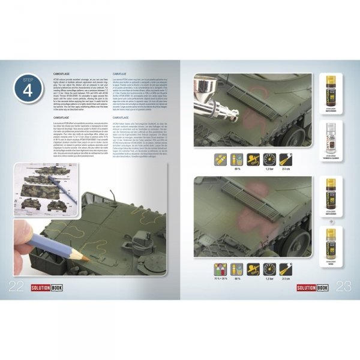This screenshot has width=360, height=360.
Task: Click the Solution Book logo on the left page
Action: tap(48, 288)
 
